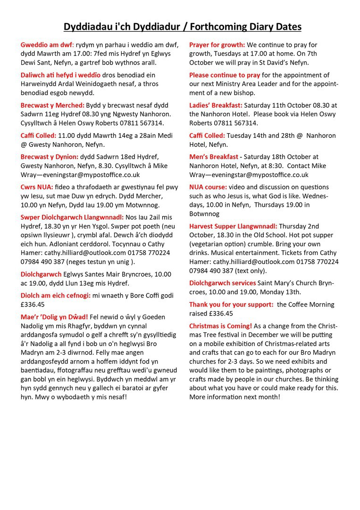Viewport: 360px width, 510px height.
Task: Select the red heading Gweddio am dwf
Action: click(46, 45)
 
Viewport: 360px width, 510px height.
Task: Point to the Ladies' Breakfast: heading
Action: click(216, 105)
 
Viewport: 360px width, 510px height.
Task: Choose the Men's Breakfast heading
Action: click(214, 157)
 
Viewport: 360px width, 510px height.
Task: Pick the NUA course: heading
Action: click(208, 187)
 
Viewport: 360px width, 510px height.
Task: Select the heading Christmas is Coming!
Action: click(220, 326)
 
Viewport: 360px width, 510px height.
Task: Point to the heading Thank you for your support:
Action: click(231, 305)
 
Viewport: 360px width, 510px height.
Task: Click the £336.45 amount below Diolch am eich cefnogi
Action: click(33, 305)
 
